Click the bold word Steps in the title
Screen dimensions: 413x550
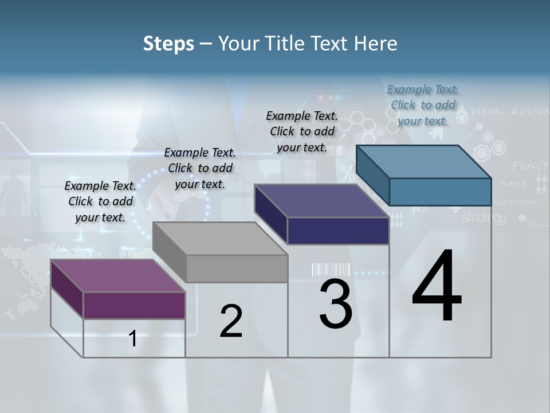168,44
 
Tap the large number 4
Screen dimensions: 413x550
437,287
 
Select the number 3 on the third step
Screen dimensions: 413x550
336,304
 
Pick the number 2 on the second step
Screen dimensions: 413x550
231,321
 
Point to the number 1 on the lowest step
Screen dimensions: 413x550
133,339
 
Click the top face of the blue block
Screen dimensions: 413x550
423,162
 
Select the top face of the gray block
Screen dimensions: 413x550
220,239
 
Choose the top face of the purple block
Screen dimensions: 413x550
118,276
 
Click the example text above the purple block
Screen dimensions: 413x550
100,201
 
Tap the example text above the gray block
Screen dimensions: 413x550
200,168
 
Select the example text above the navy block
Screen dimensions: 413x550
302,131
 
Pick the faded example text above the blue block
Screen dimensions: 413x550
423,105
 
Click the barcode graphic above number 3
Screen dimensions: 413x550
331,270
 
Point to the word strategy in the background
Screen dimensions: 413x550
484,217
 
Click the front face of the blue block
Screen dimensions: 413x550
440,192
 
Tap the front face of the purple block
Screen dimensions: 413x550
134,305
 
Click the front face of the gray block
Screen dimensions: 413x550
237,268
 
